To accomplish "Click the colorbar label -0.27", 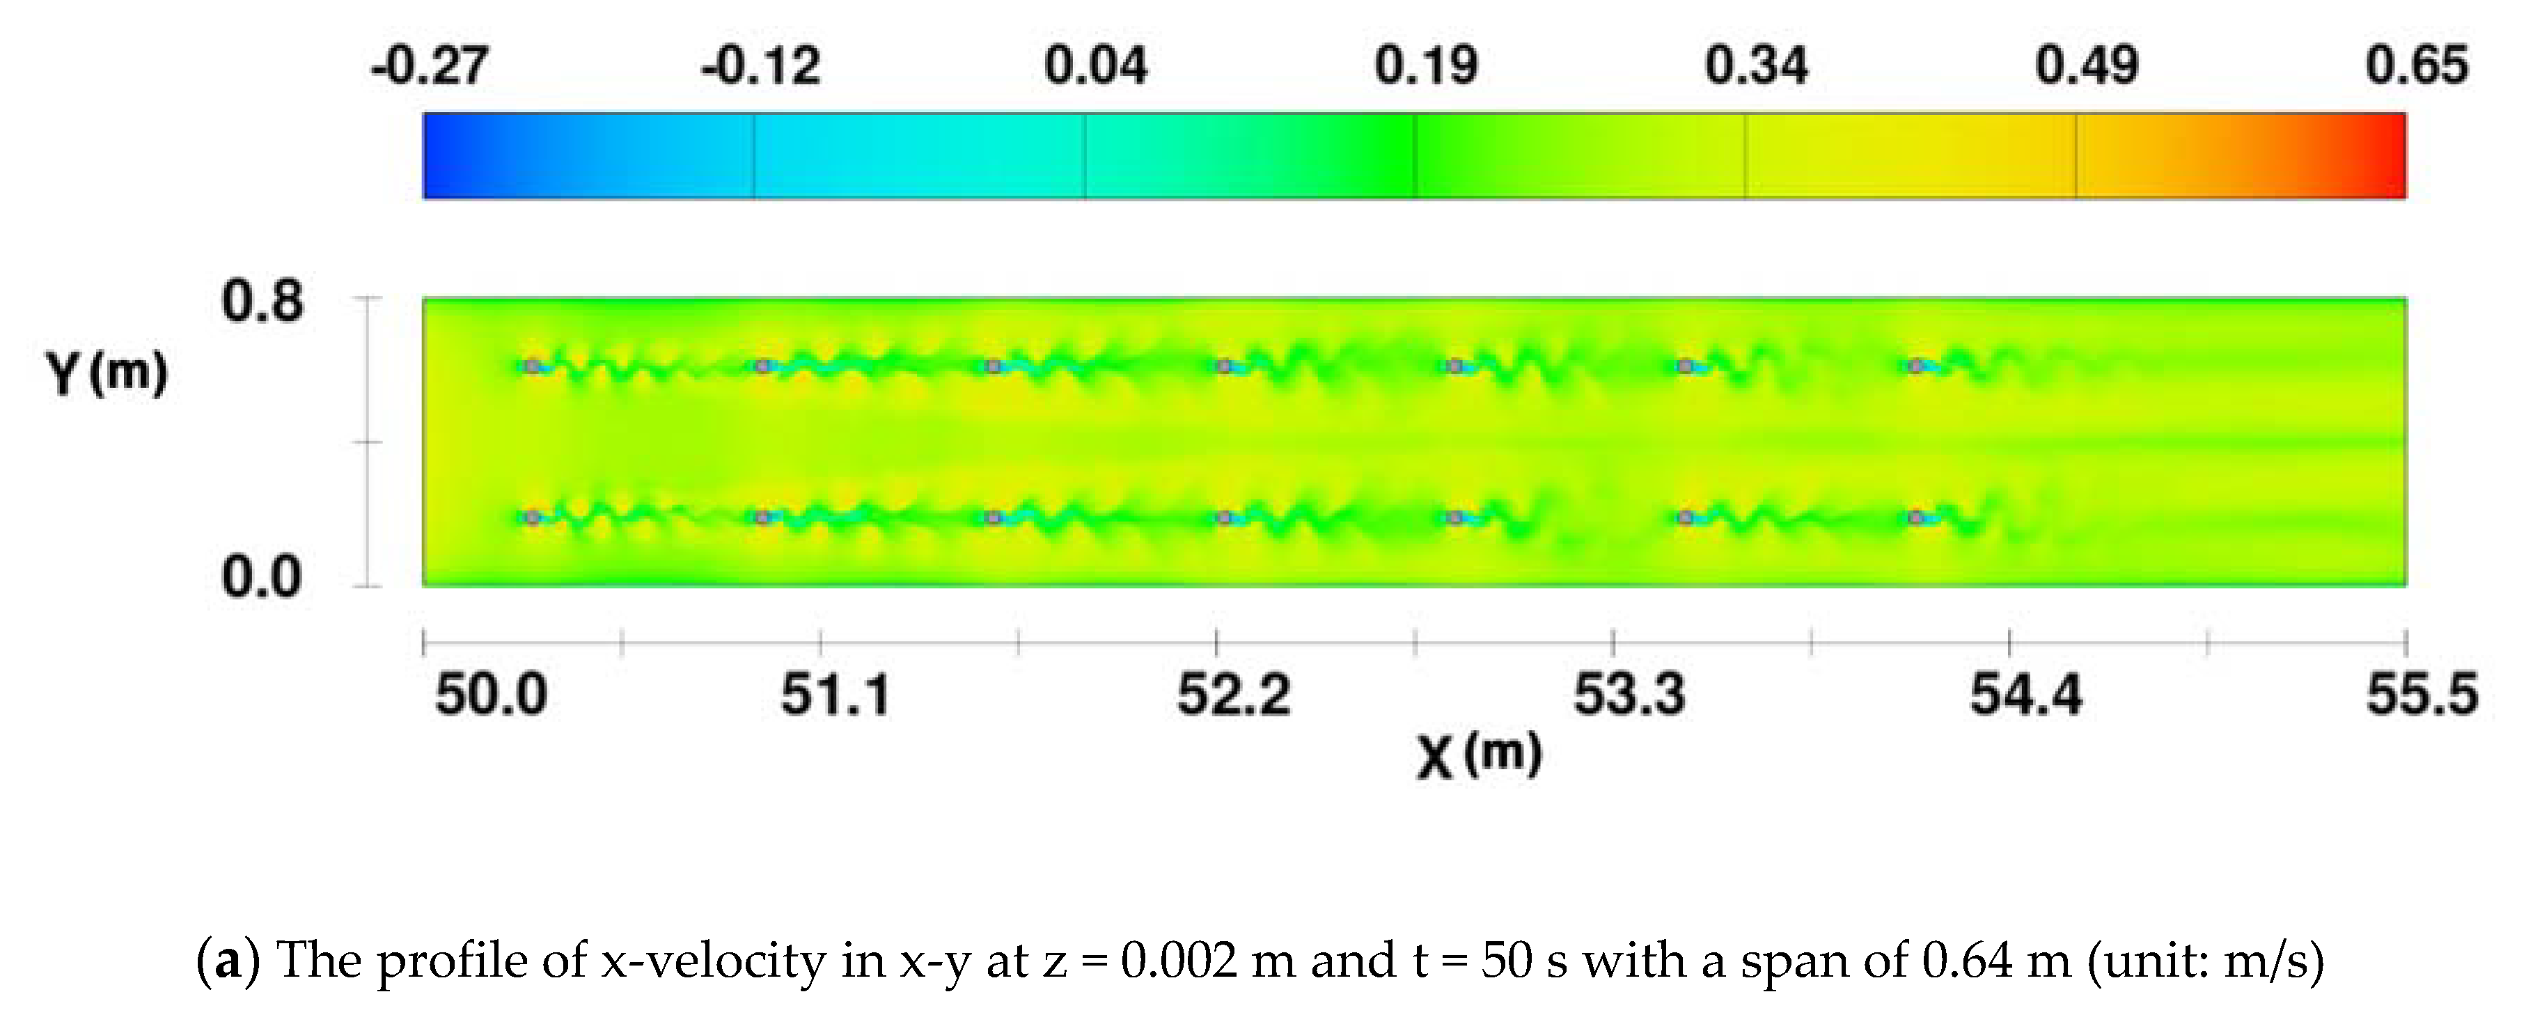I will point(428,65).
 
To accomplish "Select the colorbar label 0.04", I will point(1095,65).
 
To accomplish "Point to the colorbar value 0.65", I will point(2416,65).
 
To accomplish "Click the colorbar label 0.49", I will point(2086,65).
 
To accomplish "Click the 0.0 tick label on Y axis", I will point(262,577).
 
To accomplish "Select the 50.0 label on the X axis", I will point(490,695).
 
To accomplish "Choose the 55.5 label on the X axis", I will point(2421,695).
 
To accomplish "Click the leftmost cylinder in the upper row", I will point(531,366).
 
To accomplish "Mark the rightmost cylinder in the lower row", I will point(1915,517).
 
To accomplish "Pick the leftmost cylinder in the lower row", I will point(531,517).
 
